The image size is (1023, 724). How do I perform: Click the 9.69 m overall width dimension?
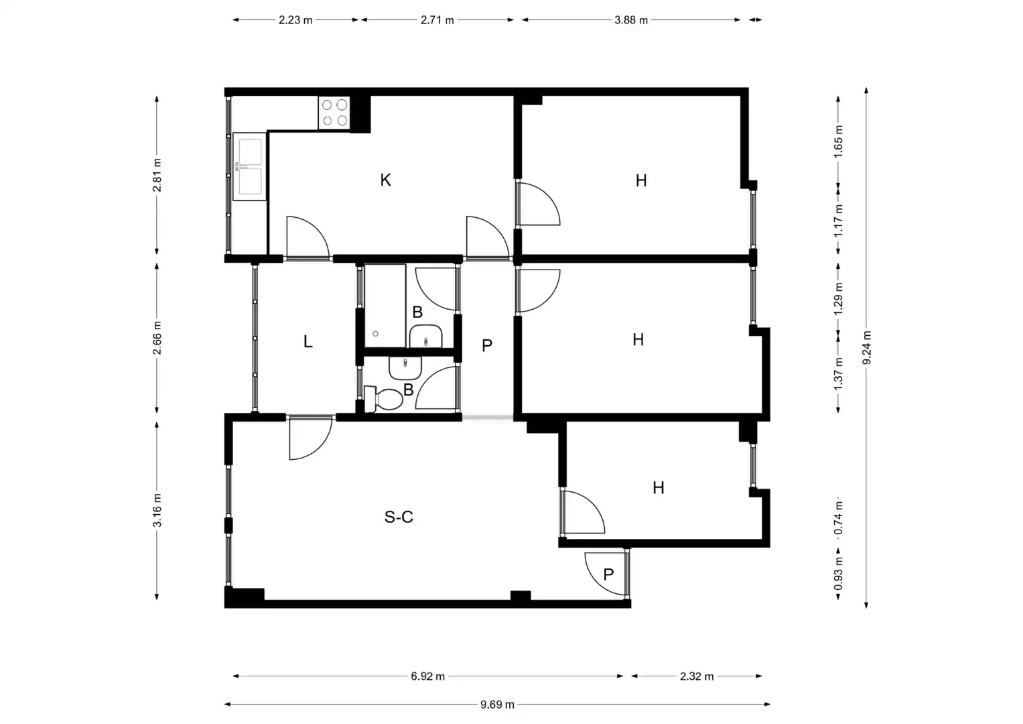[497, 705]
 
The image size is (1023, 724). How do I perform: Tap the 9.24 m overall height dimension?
[866, 348]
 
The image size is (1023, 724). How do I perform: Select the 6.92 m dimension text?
[427, 676]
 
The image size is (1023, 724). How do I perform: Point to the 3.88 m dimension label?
[631, 20]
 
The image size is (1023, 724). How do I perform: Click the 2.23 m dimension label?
[295, 20]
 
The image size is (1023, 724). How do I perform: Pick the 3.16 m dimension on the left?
[157, 510]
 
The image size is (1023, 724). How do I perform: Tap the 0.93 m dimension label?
[838, 573]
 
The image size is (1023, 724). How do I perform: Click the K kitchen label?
[385, 180]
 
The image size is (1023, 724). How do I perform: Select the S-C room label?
[399, 517]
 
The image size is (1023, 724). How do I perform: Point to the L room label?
[308, 341]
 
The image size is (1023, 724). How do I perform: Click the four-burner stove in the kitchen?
[334, 113]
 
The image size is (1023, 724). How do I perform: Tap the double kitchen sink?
[249, 166]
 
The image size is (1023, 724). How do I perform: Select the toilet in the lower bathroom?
[383, 398]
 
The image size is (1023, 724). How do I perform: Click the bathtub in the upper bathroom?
[385, 306]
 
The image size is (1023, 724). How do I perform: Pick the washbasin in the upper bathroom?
[425, 337]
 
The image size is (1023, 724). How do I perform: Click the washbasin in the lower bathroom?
[405, 368]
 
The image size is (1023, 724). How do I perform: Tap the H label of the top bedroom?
[641, 180]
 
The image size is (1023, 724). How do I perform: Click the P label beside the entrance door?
[608, 575]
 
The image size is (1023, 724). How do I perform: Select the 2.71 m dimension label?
[437, 20]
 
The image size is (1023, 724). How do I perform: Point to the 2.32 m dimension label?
[697, 676]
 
